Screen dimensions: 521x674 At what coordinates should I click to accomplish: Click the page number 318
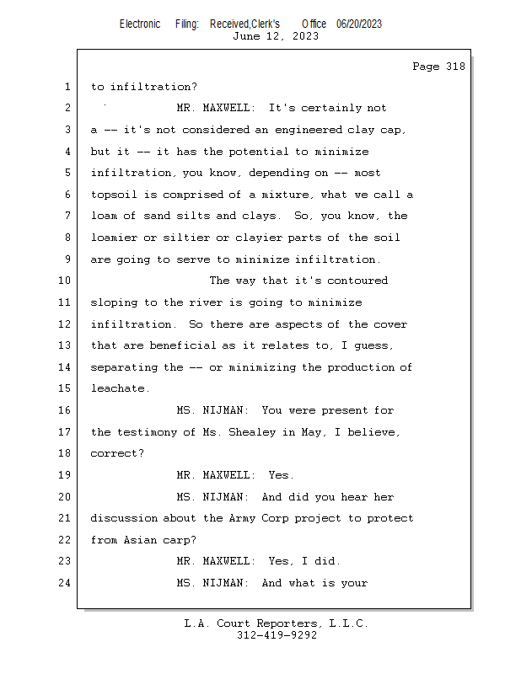coord(455,67)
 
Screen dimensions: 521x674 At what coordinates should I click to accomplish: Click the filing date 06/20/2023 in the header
coord(359,24)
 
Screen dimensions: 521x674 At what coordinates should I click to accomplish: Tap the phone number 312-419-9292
coord(277,635)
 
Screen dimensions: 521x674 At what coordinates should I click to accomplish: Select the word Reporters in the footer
coord(288,623)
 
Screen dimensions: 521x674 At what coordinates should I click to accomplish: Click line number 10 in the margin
coord(64,281)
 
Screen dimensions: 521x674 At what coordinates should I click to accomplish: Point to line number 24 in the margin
coord(64,583)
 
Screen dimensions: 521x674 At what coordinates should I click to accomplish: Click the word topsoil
coord(114,195)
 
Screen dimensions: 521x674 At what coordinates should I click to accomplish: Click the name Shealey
coord(252,432)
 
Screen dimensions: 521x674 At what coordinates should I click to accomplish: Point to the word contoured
coord(357,281)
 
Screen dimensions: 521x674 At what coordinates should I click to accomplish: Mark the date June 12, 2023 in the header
coord(276,36)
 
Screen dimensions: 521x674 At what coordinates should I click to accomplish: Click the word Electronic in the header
coord(140,24)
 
